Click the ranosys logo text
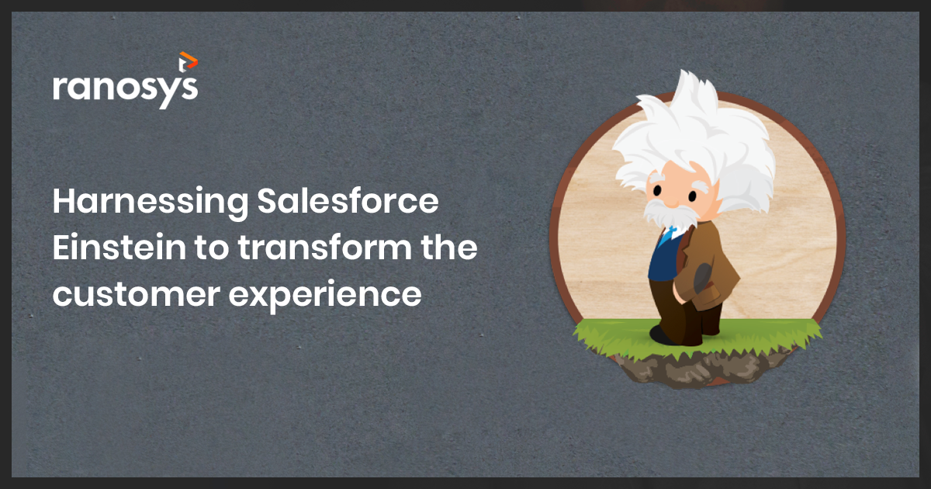coord(125,87)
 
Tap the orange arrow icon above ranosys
coord(187,60)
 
